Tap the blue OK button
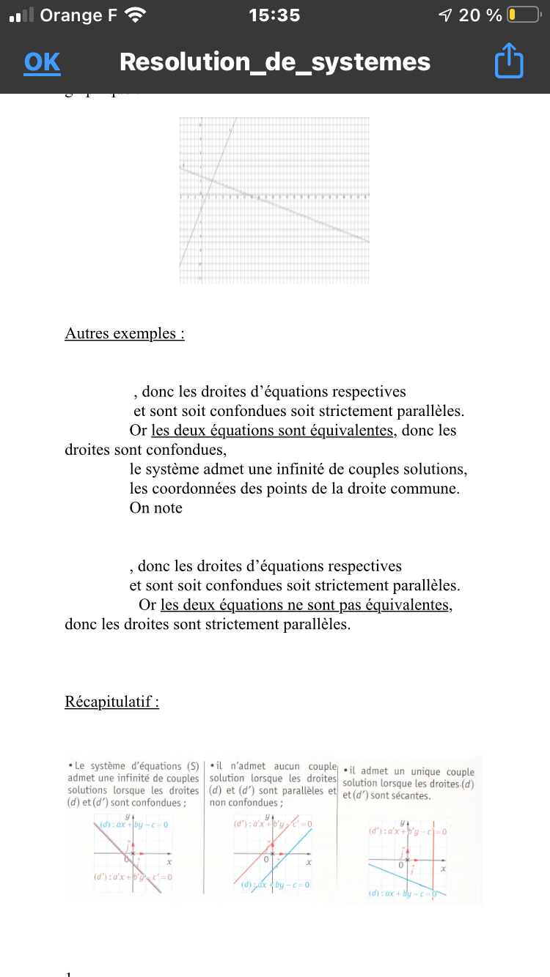(42, 63)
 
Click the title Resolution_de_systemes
(275, 62)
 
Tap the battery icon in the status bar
(523, 15)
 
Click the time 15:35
(274, 15)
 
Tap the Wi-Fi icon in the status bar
(135, 15)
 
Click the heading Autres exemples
(124, 334)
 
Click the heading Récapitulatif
(111, 702)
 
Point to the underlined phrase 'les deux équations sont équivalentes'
(272, 431)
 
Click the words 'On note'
(155, 508)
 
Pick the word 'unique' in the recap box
(430, 772)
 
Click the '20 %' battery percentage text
(480, 15)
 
